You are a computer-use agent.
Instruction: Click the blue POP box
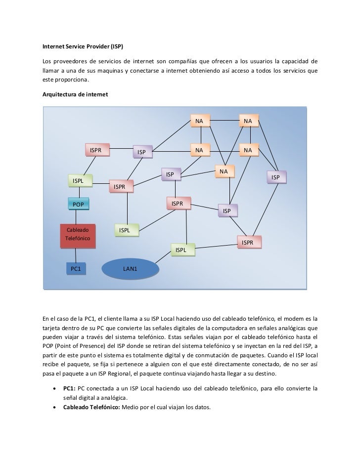point(78,204)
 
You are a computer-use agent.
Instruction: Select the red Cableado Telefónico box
point(78,234)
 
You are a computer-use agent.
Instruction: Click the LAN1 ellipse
point(130,269)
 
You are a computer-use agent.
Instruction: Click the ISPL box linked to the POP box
point(78,181)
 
